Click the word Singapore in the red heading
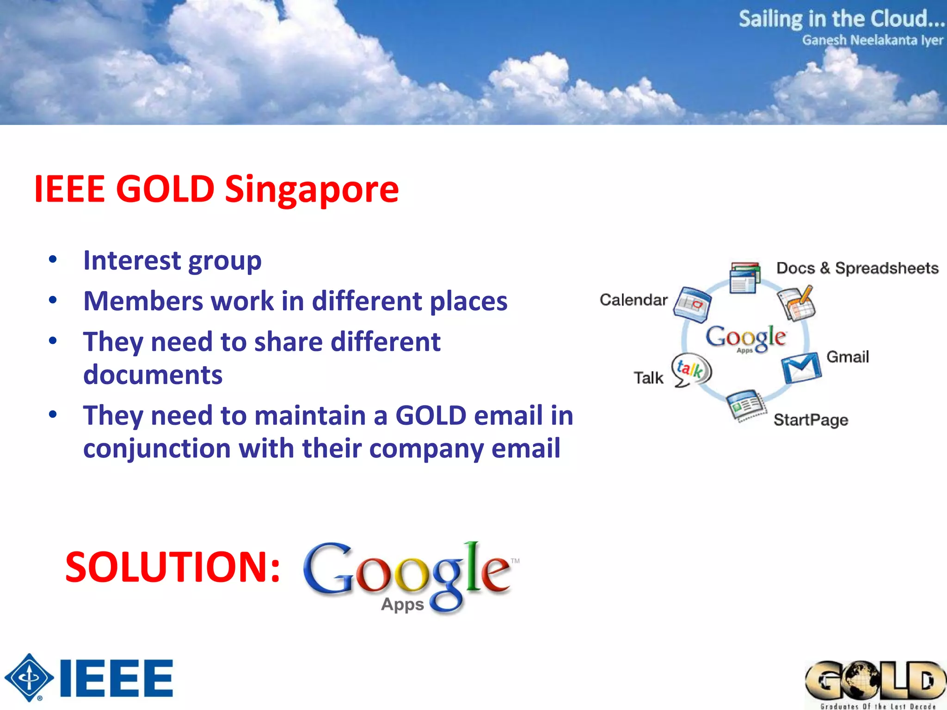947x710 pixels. click(x=312, y=190)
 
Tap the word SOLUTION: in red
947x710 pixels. click(x=172, y=567)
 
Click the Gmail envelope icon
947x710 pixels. click(x=801, y=368)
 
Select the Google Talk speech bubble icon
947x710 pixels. click(x=691, y=370)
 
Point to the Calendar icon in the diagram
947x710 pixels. click(x=692, y=304)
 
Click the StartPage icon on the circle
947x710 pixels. click(x=745, y=405)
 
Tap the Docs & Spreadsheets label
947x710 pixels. click(x=857, y=268)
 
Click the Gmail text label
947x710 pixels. click(x=848, y=357)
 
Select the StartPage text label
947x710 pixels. click(x=811, y=420)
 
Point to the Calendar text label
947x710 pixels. click(x=633, y=300)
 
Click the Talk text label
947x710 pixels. click(x=648, y=378)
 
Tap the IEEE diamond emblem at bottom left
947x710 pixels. click(x=29, y=678)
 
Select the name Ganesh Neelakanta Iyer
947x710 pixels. click(x=872, y=41)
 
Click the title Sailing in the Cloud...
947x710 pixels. click(x=841, y=19)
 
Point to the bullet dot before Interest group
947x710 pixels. click(x=53, y=259)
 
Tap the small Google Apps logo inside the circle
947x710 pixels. click(x=745, y=338)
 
